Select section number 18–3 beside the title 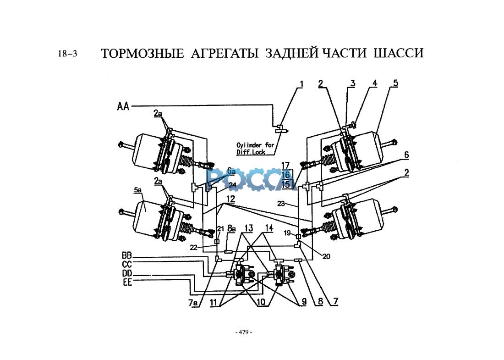[x=67, y=54]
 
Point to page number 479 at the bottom [x=244, y=332]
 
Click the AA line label [x=123, y=106]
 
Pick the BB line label [x=127, y=255]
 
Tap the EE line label [x=127, y=282]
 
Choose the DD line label [x=127, y=273]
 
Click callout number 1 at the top [x=301, y=84]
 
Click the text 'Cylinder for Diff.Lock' [x=255, y=148]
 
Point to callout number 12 [x=230, y=200]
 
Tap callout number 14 [x=268, y=228]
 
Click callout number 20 [x=326, y=256]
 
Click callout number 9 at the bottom [x=302, y=303]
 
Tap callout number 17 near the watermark [x=286, y=165]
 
